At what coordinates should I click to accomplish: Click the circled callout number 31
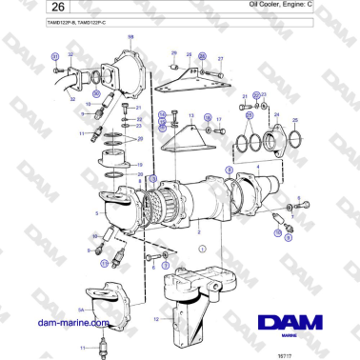(x=55, y=57)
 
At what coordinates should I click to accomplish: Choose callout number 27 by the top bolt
(x=220, y=58)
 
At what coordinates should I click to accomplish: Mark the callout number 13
(x=190, y=117)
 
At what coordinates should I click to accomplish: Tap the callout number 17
(x=220, y=120)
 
